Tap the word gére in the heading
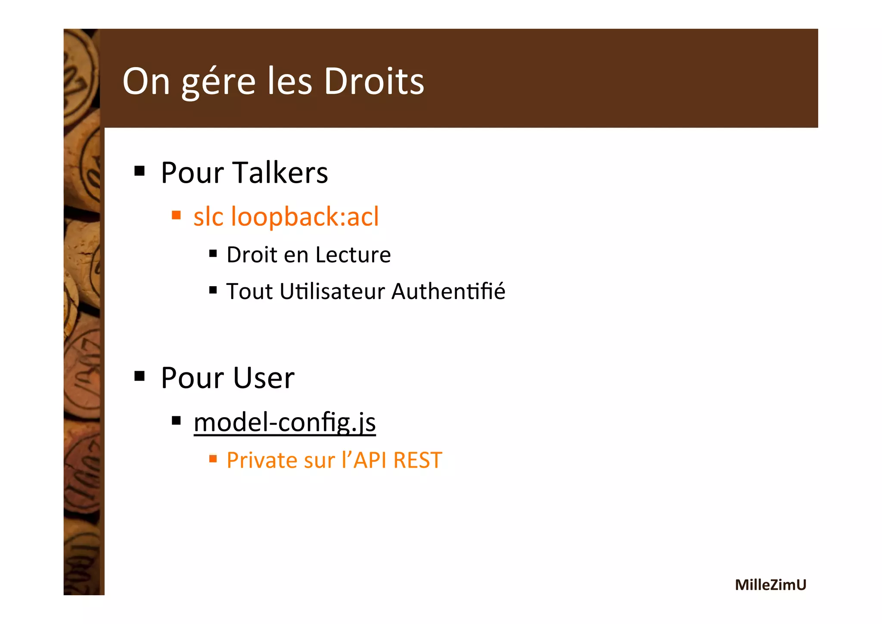click(x=219, y=82)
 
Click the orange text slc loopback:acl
click(x=286, y=216)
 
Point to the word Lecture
click(x=353, y=254)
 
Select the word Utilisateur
click(x=332, y=291)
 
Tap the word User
click(x=264, y=378)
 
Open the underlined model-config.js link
click(x=285, y=422)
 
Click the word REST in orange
click(x=417, y=460)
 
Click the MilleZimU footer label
click(x=770, y=585)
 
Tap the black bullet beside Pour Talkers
click(x=140, y=171)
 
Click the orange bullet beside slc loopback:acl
click(x=176, y=215)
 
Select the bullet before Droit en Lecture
click(x=213, y=253)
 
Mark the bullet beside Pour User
click(x=140, y=376)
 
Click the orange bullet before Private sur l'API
click(x=213, y=459)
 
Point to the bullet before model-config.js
click(x=176, y=420)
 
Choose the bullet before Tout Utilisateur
click(x=213, y=290)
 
